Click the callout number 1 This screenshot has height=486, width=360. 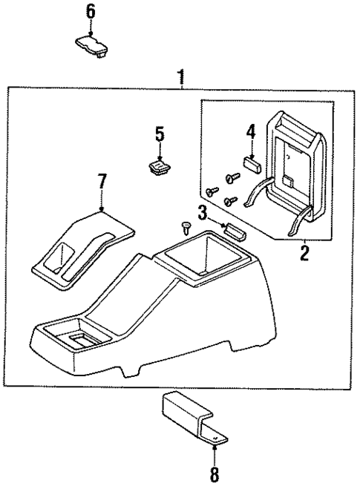coord(180,76)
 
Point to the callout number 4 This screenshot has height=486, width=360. coord(252,133)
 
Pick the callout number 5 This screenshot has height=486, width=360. coord(159,135)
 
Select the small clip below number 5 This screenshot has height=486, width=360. coord(158,168)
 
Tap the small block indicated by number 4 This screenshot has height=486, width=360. coord(251,163)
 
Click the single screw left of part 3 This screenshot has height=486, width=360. coord(186,225)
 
